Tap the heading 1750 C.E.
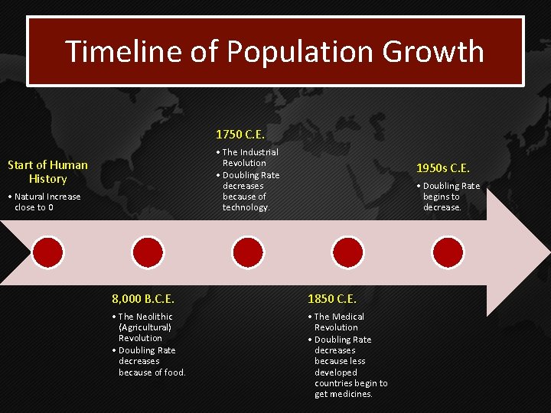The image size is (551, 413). click(x=240, y=135)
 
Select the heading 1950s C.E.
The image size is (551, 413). click(x=442, y=168)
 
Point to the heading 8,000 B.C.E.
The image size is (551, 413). click(x=143, y=299)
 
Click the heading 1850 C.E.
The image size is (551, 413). click(x=331, y=299)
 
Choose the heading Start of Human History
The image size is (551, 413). click(x=47, y=171)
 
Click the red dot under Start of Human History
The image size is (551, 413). click(x=47, y=252)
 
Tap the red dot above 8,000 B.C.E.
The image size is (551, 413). click(x=148, y=252)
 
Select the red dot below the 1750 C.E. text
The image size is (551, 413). click(x=248, y=252)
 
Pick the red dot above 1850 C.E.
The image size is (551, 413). click(x=348, y=252)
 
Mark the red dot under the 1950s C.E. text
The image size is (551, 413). click(x=448, y=252)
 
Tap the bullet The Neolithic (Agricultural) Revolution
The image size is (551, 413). click(x=145, y=327)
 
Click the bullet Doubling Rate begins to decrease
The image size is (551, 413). click(x=450, y=197)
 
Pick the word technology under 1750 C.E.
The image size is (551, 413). click(x=245, y=207)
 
